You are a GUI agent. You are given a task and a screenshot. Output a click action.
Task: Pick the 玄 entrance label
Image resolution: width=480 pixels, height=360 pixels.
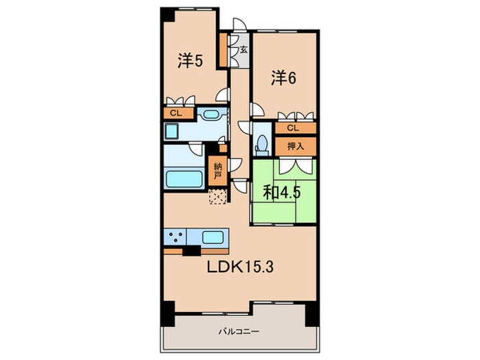[x=243, y=49]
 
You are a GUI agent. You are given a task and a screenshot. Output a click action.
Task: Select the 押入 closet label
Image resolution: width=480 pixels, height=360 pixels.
[x=296, y=146]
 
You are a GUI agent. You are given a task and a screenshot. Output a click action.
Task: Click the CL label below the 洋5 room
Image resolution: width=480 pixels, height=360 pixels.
[x=176, y=113]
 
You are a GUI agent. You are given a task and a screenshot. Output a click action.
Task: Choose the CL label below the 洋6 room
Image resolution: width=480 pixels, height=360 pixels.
[x=293, y=128]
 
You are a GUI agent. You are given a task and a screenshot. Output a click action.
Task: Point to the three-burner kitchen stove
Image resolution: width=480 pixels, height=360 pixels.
[x=174, y=237]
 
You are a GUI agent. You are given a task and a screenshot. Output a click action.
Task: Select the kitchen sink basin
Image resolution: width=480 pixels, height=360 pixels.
[x=217, y=238]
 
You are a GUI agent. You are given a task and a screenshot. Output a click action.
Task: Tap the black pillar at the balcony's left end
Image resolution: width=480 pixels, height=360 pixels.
[x=167, y=314]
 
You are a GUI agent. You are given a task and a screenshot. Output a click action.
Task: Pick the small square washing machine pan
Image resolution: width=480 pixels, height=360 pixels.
[x=172, y=131]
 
